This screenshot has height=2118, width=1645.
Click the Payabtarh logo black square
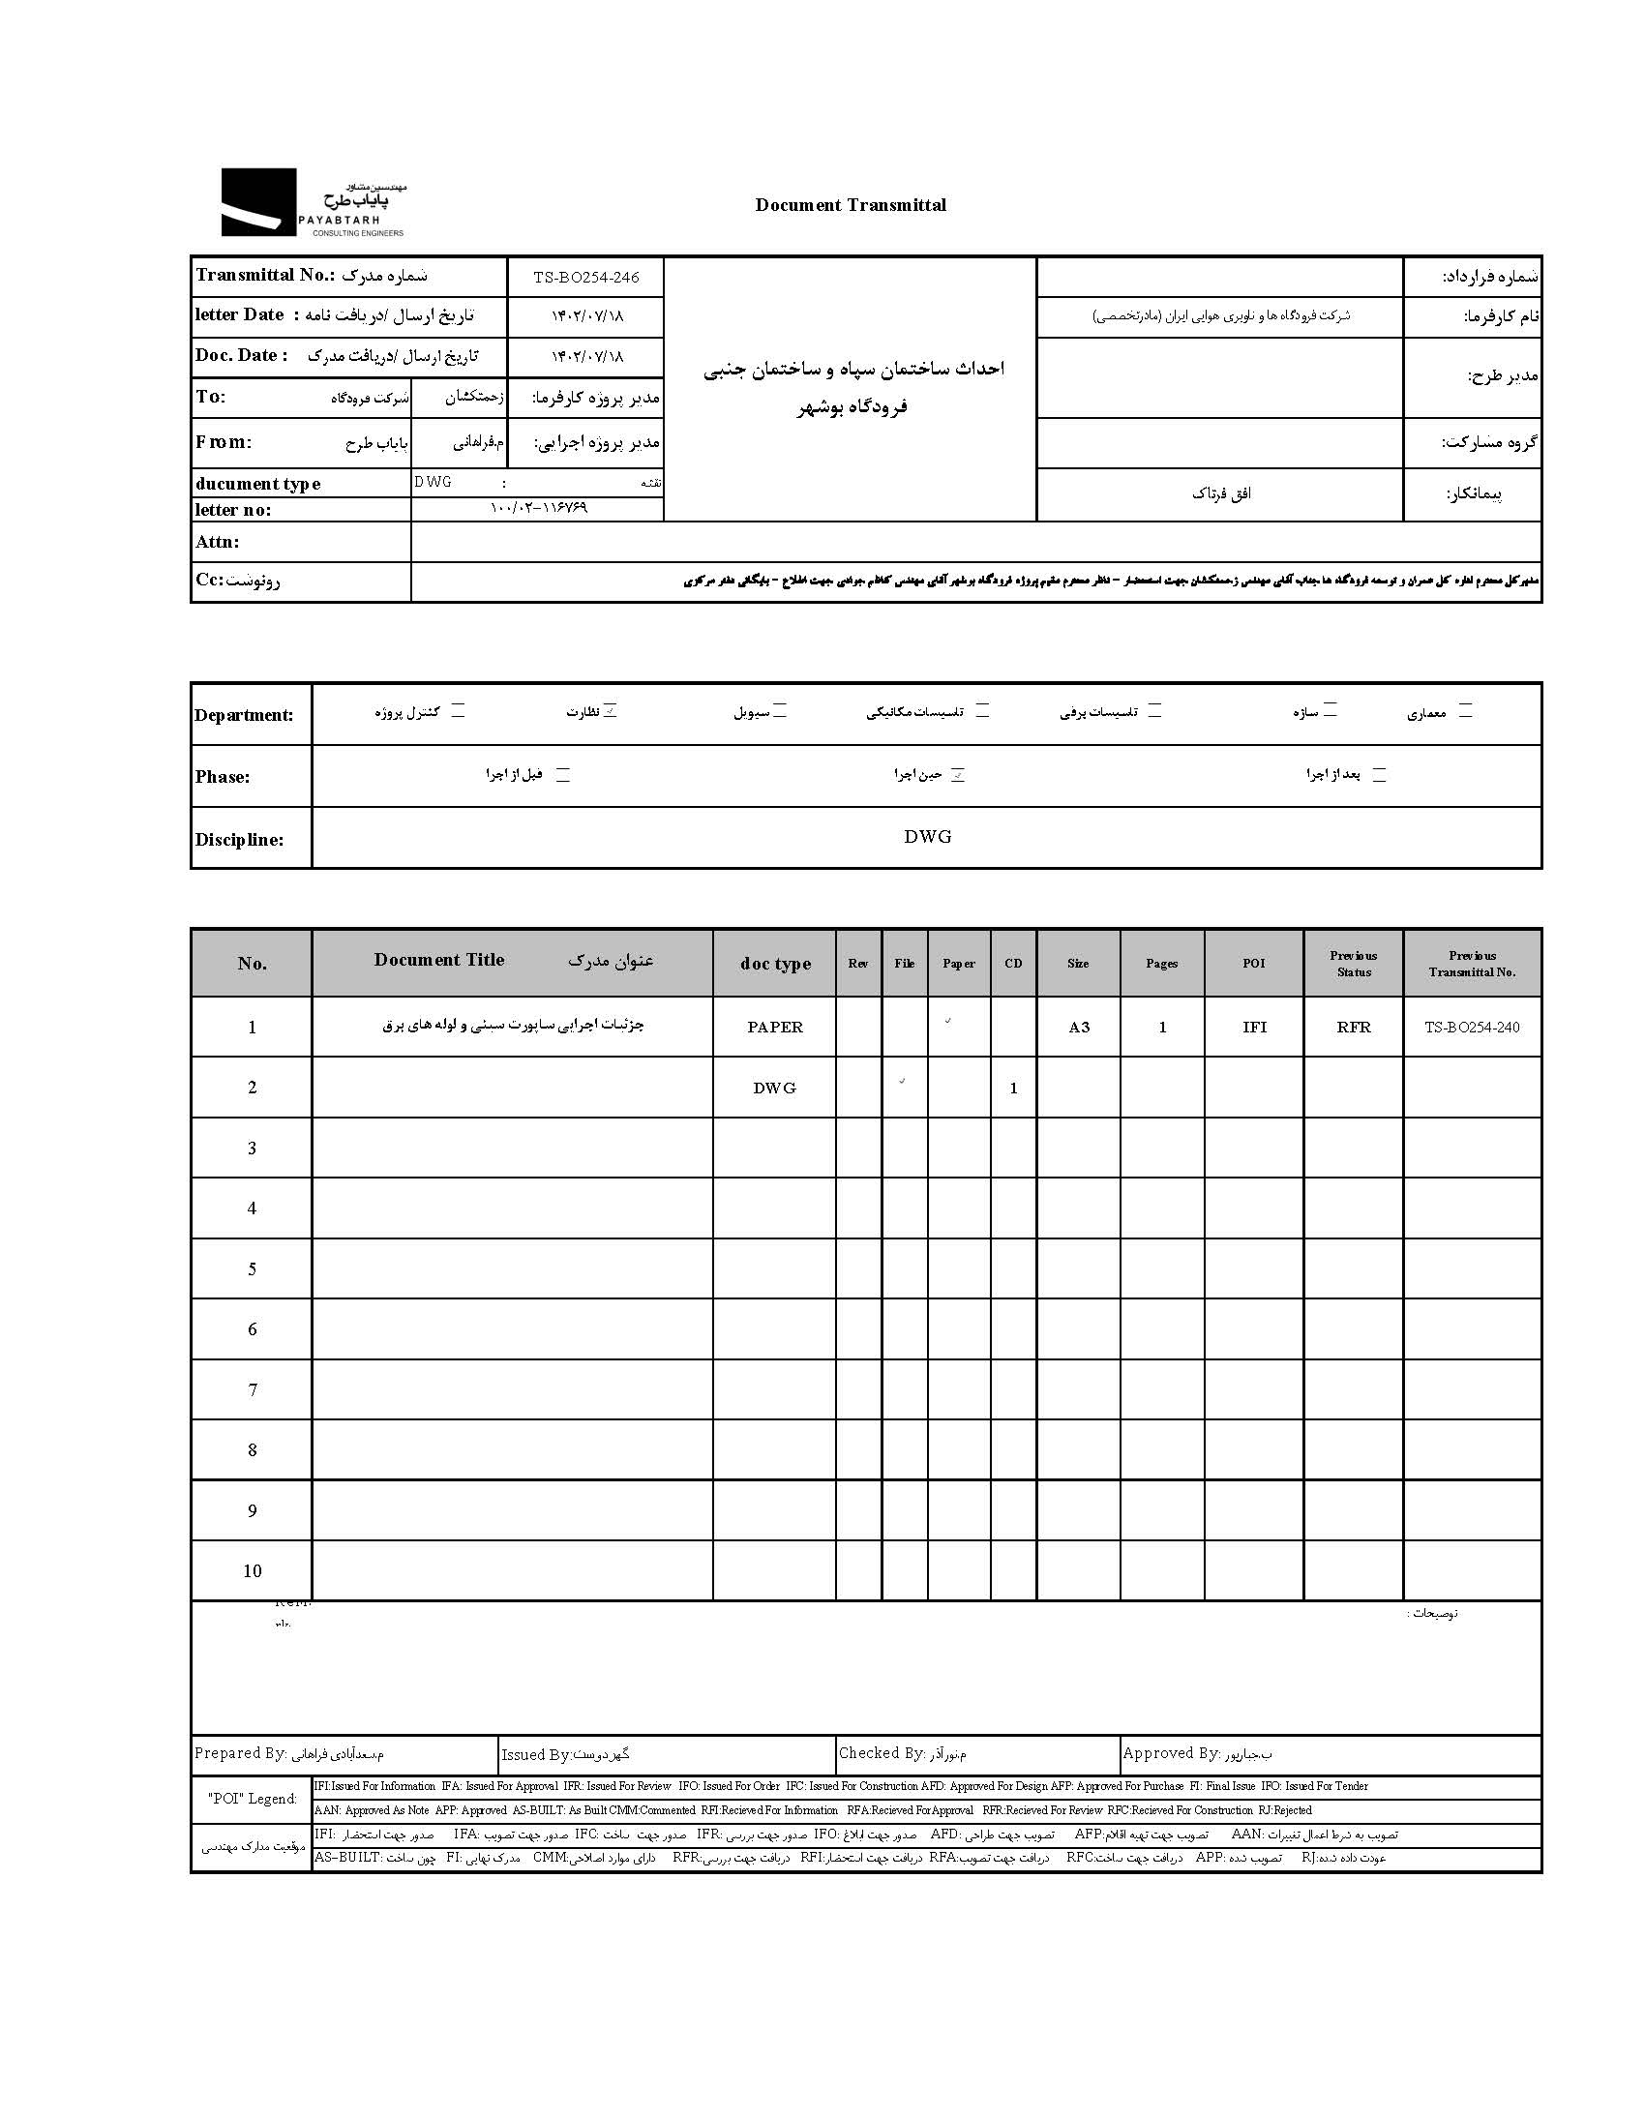coord(258,201)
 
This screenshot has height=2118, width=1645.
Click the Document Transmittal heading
coord(851,204)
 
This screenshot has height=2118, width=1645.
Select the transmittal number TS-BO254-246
coord(585,278)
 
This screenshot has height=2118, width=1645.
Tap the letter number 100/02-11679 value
coord(538,508)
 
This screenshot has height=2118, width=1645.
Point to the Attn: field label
coord(218,542)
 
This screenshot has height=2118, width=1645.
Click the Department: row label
coord(244,716)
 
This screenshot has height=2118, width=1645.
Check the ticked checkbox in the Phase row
coord(958,775)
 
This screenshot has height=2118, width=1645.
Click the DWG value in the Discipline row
coord(927,837)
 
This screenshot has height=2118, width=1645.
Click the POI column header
coord(1253,963)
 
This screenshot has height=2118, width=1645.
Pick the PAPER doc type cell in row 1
coord(774,1027)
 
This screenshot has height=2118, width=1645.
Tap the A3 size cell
coord(1079,1027)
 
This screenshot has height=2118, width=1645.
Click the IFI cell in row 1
coord(1254,1027)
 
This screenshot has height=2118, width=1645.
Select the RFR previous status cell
coord(1353,1027)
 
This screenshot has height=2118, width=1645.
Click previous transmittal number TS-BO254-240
coord(1472,1027)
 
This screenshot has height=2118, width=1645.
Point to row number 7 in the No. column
coord(253,1389)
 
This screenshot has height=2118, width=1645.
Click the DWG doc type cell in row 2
coord(774,1089)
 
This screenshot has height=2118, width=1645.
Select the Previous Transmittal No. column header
coord(1472,963)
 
